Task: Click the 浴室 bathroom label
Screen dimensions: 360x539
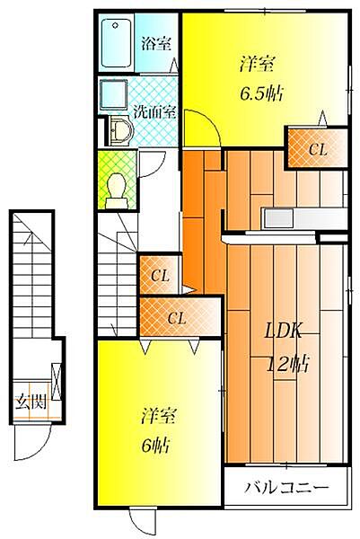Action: tap(156, 44)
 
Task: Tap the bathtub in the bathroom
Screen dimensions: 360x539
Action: tap(117, 43)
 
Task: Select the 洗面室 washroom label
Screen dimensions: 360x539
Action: tap(154, 111)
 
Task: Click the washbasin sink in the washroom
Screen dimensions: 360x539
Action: tap(121, 130)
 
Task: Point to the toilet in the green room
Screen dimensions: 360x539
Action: tap(116, 190)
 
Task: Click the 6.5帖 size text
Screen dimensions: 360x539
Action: tap(261, 93)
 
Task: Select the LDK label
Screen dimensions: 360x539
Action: tap(283, 331)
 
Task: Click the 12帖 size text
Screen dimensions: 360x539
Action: tap(288, 364)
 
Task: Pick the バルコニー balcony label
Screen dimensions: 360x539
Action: tap(286, 488)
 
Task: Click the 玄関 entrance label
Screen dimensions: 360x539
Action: tap(31, 402)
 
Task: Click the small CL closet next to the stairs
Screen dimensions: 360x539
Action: tap(160, 275)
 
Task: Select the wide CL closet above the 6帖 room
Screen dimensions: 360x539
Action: tap(180, 317)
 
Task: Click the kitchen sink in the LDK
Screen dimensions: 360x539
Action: tap(278, 218)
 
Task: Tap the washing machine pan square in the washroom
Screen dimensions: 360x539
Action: tap(113, 94)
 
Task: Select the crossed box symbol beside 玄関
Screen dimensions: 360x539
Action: tap(57, 382)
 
